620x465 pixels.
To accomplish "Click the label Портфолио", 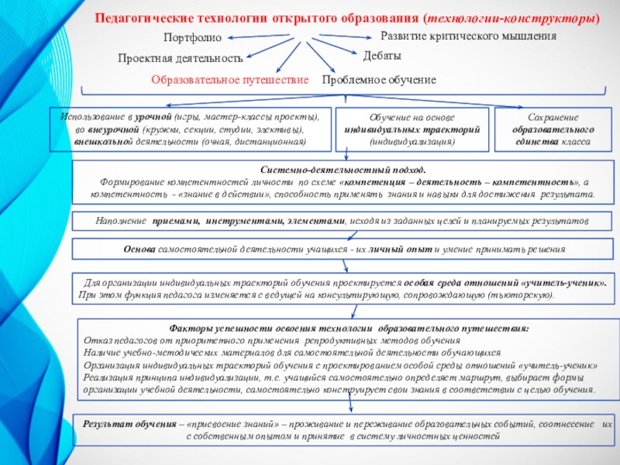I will click(192, 38).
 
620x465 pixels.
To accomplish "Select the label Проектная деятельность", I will click(180, 58).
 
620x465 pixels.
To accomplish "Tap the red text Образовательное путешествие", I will click(229, 80).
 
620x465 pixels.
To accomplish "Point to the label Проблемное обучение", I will click(378, 80).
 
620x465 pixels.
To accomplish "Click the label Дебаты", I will click(382, 57).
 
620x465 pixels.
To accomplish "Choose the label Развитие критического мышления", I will click(468, 36).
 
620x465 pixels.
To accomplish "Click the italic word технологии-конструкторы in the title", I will click(532, 17).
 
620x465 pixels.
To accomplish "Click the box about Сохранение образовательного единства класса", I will click(551, 129).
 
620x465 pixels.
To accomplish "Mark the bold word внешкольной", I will click(96, 142).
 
